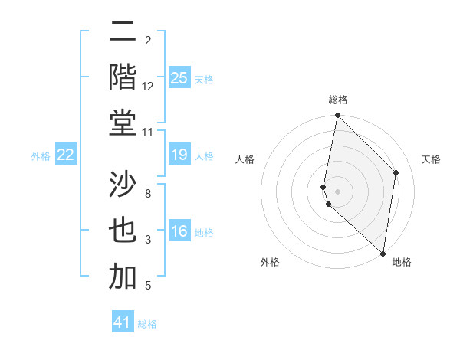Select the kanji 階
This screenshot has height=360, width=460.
[123, 77]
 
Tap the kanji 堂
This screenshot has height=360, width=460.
[123, 123]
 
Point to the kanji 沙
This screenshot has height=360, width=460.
[123, 185]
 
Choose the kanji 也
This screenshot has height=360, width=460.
[123, 231]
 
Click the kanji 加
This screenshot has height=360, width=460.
[123, 277]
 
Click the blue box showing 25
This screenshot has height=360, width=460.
[179, 77]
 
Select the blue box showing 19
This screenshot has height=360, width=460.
[179, 155]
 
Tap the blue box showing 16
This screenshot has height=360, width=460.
[179, 232]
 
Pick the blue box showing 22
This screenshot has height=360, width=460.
[66, 155]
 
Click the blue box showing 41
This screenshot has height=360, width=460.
[123, 322]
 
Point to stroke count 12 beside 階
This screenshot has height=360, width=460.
[148, 87]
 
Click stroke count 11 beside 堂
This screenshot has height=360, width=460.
[148, 133]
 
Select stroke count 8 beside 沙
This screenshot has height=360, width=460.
[148, 194]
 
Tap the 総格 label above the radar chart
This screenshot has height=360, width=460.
[338, 100]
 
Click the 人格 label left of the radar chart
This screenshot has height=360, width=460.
[245, 159]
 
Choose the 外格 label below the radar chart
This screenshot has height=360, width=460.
[270, 262]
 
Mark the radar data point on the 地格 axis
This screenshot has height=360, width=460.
[383, 254]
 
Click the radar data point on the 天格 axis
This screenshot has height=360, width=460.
[396, 172]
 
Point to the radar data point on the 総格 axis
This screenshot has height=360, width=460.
[337, 116]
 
